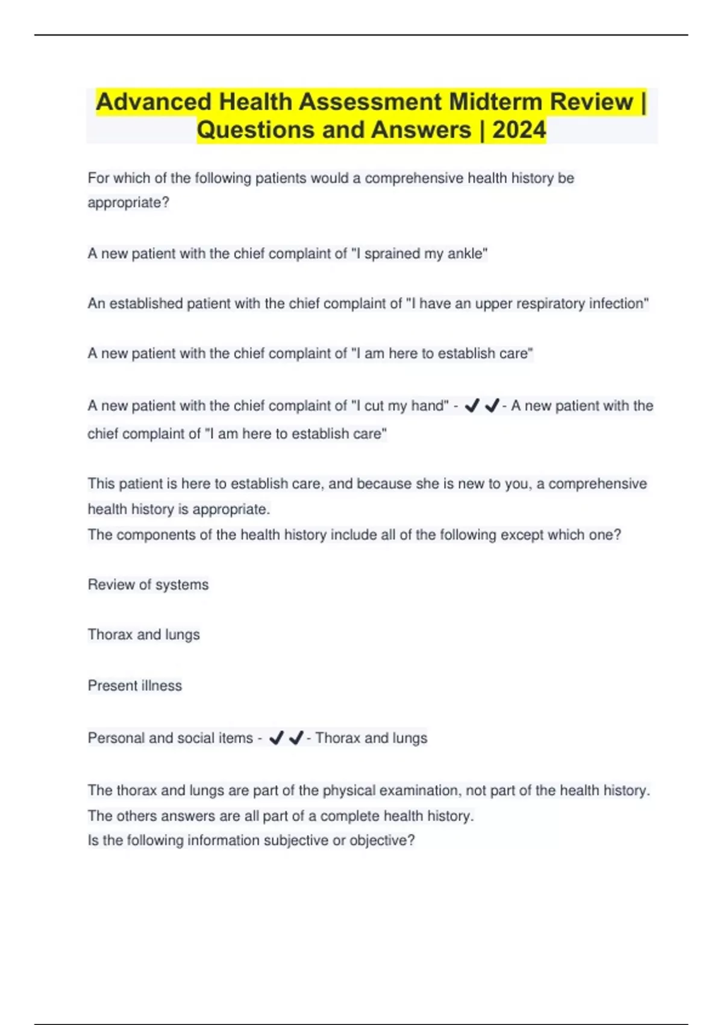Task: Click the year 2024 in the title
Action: coord(519,130)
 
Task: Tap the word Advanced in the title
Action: coord(154,102)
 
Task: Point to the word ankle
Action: coord(467,254)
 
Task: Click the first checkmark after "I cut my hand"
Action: coord(472,406)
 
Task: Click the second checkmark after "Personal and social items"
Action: coord(296,738)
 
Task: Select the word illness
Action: coord(161,686)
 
